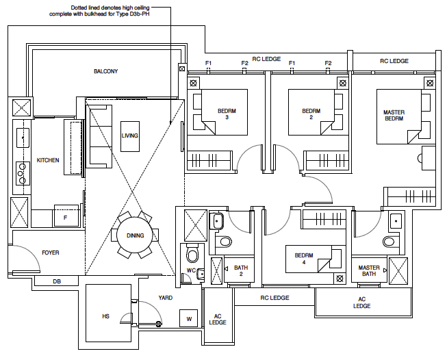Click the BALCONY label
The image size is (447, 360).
point(106,71)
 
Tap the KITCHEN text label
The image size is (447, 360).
point(48,160)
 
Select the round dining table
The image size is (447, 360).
point(135,236)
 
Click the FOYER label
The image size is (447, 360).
point(51,253)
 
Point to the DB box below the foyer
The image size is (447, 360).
point(57,281)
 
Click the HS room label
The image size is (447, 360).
point(105,316)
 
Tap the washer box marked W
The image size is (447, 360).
point(189,318)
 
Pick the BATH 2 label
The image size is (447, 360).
point(240,271)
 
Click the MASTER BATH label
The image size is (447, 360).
point(368,271)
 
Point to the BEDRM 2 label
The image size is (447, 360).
point(311,114)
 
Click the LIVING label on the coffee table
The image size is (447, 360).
point(130,136)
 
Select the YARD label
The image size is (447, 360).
point(165,298)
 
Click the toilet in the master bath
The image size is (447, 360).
point(389,240)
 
